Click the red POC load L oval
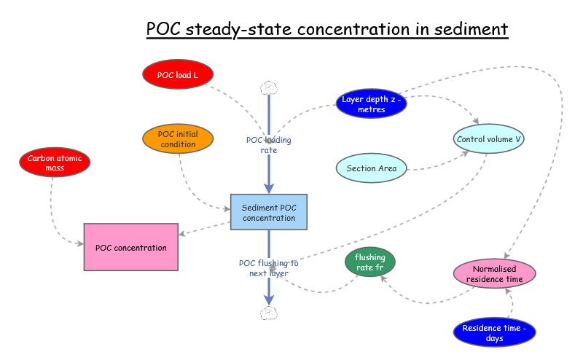click(x=177, y=74)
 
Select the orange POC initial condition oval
click(x=178, y=139)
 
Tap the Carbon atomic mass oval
click(x=55, y=163)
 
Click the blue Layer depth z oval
click(x=371, y=104)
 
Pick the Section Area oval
click(x=371, y=168)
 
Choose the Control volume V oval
click(x=488, y=138)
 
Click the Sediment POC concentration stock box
click(x=269, y=212)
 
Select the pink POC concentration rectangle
click(x=131, y=248)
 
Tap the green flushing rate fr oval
click(x=369, y=262)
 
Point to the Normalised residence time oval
click(x=493, y=273)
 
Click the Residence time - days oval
click(x=493, y=333)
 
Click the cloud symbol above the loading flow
click(x=269, y=88)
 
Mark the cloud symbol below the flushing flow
click(x=269, y=313)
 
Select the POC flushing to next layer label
click(x=268, y=268)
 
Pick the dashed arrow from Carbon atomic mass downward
click(x=53, y=211)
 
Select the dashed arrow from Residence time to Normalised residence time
click(x=508, y=302)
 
